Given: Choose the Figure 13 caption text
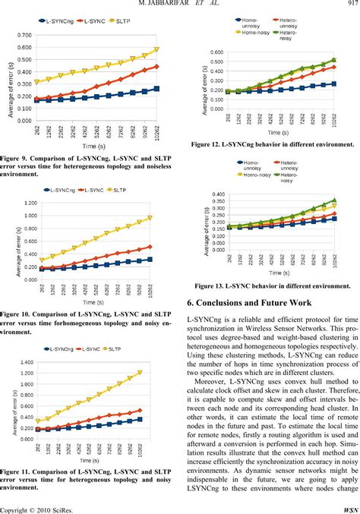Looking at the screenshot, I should tap(272, 285).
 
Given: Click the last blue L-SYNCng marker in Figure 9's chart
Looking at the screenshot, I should tap(177, 89).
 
